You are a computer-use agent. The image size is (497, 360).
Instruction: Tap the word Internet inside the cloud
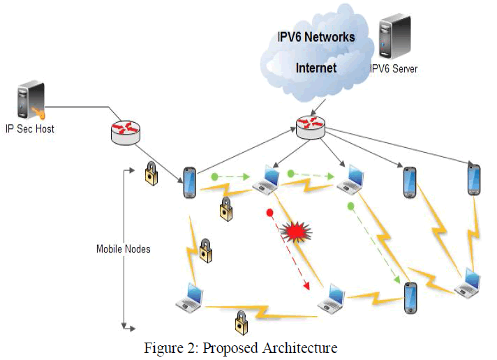[316, 68]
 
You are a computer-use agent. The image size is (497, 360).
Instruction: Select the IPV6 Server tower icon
[391, 40]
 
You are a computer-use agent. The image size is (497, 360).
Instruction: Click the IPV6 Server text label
[394, 69]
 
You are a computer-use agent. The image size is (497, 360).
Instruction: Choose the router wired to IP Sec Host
[126, 132]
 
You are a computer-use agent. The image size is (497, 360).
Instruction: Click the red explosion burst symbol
[292, 232]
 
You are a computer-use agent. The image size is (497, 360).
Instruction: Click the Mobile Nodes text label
[123, 248]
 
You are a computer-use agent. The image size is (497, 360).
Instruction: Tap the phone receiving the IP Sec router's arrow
[188, 182]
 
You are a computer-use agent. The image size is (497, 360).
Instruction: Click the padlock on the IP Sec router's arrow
[151, 174]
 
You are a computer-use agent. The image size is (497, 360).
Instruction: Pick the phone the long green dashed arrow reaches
[410, 298]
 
